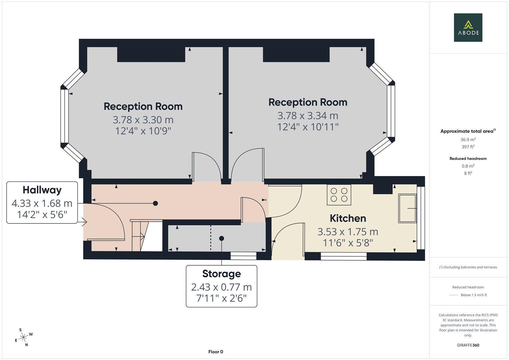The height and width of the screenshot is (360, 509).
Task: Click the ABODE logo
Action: [468, 28]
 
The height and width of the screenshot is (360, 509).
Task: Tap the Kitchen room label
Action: [348, 218]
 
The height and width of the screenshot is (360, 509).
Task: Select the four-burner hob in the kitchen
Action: [339, 195]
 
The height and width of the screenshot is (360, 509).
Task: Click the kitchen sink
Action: [407, 208]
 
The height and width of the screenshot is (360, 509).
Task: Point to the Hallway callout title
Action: [42, 190]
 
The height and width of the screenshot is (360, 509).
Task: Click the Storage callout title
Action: [221, 274]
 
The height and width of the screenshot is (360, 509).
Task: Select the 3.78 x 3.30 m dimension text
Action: [143, 120]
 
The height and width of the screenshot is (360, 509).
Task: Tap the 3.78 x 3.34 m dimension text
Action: [308, 116]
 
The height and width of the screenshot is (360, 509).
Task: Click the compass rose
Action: [23, 337]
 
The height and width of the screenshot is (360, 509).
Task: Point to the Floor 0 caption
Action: [216, 352]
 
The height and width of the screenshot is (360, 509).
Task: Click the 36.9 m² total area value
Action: [468, 140]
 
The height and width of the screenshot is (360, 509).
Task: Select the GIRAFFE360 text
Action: [468, 345]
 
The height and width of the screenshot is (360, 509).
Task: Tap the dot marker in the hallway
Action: [155, 203]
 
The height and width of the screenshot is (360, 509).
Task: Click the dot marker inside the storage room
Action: [221, 238]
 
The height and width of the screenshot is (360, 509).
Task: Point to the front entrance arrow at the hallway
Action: [83, 221]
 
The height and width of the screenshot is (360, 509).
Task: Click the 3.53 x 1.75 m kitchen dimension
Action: [348, 232]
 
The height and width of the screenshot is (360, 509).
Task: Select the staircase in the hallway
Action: [147, 236]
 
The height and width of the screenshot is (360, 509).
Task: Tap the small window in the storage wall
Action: [243, 256]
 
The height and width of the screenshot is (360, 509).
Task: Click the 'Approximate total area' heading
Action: [468, 131]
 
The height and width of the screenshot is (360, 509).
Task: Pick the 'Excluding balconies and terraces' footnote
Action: [468, 267]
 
